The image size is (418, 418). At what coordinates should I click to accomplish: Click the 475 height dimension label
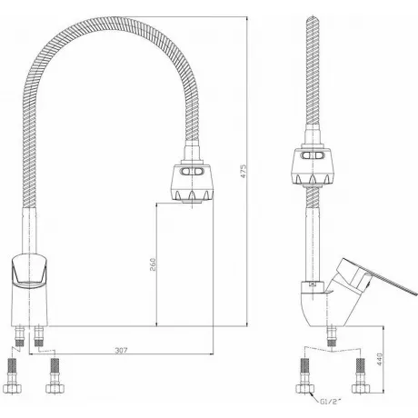pos(244,171)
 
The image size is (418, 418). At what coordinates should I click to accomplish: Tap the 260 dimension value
pos(153,264)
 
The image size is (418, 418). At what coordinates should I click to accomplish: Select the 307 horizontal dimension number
pos(121,350)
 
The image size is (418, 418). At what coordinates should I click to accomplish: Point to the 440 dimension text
pos(380,359)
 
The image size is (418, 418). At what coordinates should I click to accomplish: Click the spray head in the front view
pos(192,183)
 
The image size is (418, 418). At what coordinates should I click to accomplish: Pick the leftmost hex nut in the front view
pos(12,388)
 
